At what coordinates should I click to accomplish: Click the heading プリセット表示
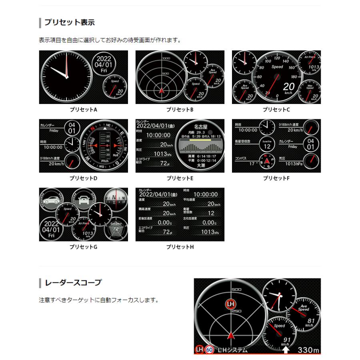pos(69,22)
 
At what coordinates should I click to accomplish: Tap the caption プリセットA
pos(84,109)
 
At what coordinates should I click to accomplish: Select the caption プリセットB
pos(180,109)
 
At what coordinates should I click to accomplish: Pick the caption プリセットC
pos(276,109)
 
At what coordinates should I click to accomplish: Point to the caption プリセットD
pos(84,178)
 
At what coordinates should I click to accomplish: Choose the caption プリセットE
pos(180,178)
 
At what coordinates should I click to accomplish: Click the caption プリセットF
pos(276,178)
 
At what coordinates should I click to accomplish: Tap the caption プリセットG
pos(84,247)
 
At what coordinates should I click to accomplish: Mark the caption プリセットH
pos(180,247)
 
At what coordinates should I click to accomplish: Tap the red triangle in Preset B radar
pos(162,90)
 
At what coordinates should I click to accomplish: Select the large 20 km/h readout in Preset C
pos(289,87)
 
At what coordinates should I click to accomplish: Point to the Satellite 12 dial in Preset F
pos(267,144)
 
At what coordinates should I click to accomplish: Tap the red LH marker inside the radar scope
pos(230,304)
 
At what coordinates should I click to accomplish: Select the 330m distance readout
pos(308,350)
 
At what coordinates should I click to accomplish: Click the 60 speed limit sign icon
pos(209,350)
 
